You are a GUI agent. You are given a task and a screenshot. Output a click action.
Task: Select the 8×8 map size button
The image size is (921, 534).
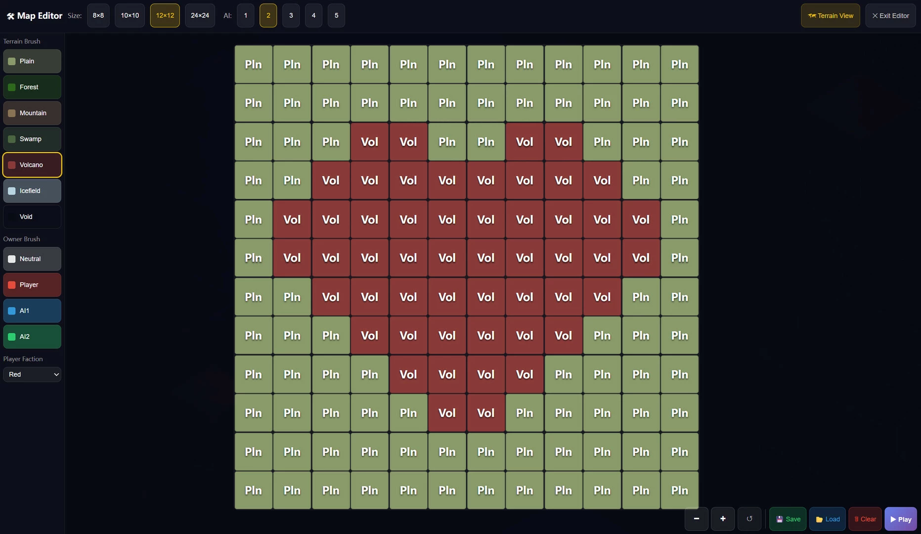(98, 15)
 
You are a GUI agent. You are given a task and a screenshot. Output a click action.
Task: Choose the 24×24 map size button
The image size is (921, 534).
(200, 15)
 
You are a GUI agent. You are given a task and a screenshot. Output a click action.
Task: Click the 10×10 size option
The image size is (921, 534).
(130, 15)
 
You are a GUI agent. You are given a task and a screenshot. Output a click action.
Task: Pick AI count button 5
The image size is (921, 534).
(336, 15)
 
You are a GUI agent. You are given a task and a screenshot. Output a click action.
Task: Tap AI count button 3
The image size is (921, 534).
(291, 15)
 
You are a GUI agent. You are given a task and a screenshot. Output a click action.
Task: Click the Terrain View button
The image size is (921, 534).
(831, 15)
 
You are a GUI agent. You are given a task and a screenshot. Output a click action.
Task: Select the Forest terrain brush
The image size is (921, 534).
(32, 87)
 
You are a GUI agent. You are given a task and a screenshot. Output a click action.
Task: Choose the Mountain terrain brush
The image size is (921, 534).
(32, 113)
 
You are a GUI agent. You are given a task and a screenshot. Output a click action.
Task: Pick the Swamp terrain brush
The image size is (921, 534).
(32, 139)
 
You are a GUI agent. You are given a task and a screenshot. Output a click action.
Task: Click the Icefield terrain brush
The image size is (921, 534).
(32, 191)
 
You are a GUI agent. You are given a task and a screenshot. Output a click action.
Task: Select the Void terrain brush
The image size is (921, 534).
(32, 217)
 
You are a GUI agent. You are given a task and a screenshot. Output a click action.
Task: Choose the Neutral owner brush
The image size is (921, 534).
(32, 259)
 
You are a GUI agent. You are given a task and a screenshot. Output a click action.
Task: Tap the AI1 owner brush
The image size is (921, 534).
(32, 311)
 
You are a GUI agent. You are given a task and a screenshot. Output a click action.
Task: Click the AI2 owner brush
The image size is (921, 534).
(32, 337)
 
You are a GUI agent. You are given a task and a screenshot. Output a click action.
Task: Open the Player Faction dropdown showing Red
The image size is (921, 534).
(32, 374)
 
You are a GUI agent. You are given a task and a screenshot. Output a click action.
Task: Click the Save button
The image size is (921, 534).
(788, 519)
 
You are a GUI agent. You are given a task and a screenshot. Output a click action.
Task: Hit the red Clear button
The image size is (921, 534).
(865, 519)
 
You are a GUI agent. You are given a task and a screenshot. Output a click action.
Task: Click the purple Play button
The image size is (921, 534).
(901, 519)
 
